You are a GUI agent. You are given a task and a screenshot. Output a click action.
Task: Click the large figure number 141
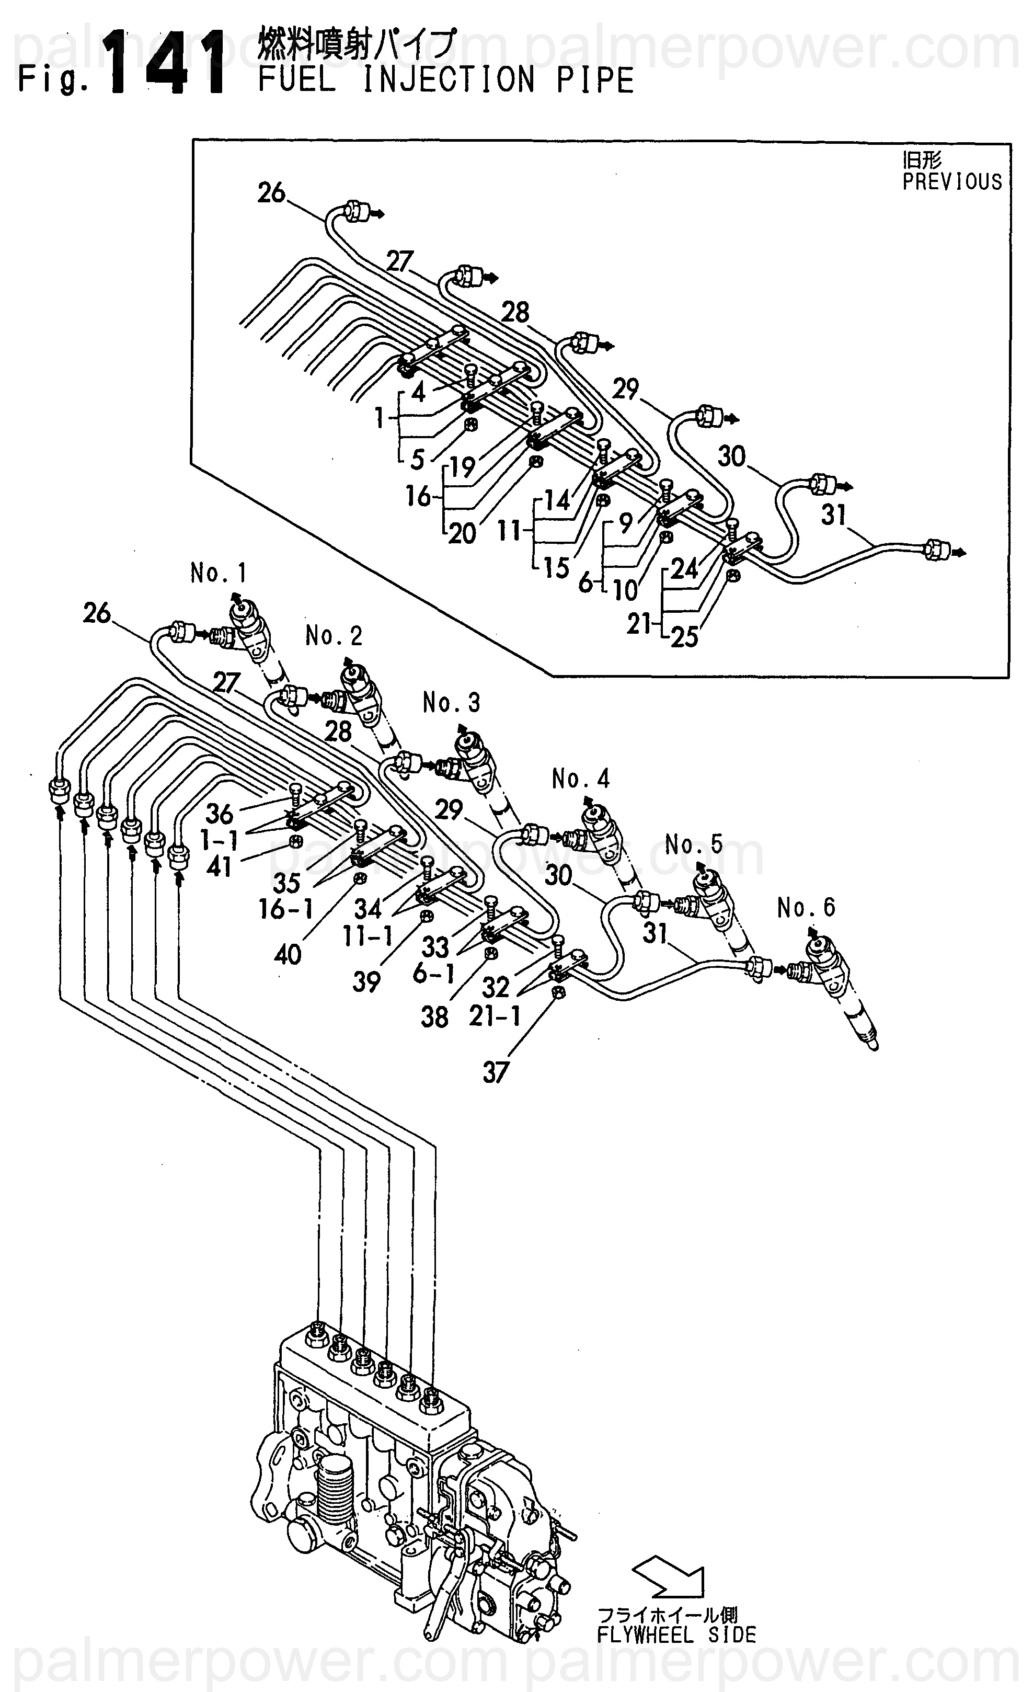pyautogui.click(x=167, y=63)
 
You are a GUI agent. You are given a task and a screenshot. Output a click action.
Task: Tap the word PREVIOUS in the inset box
pyautogui.click(x=951, y=182)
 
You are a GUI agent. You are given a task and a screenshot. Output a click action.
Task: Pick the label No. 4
pyautogui.click(x=581, y=779)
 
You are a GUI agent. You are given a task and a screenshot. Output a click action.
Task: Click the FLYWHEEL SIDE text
pyautogui.click(x=676, y=1635)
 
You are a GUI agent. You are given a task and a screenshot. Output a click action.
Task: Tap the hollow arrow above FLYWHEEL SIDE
pyautogui.click(x=670, y=1577)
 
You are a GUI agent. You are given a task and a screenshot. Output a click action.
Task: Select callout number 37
pyautogui.click(x=496, y=1072)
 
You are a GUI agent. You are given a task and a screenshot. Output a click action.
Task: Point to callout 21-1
pyautogui.click(x=496, y=1015)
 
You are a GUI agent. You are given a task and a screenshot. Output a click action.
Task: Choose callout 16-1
pyautogui.click(x=285, y=909)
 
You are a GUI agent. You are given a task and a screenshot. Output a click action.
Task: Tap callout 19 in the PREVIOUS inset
pyautogui.click(x=463, y=466)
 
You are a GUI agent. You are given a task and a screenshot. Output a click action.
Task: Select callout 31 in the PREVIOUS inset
pyautogui.click(x=833, y=515)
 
